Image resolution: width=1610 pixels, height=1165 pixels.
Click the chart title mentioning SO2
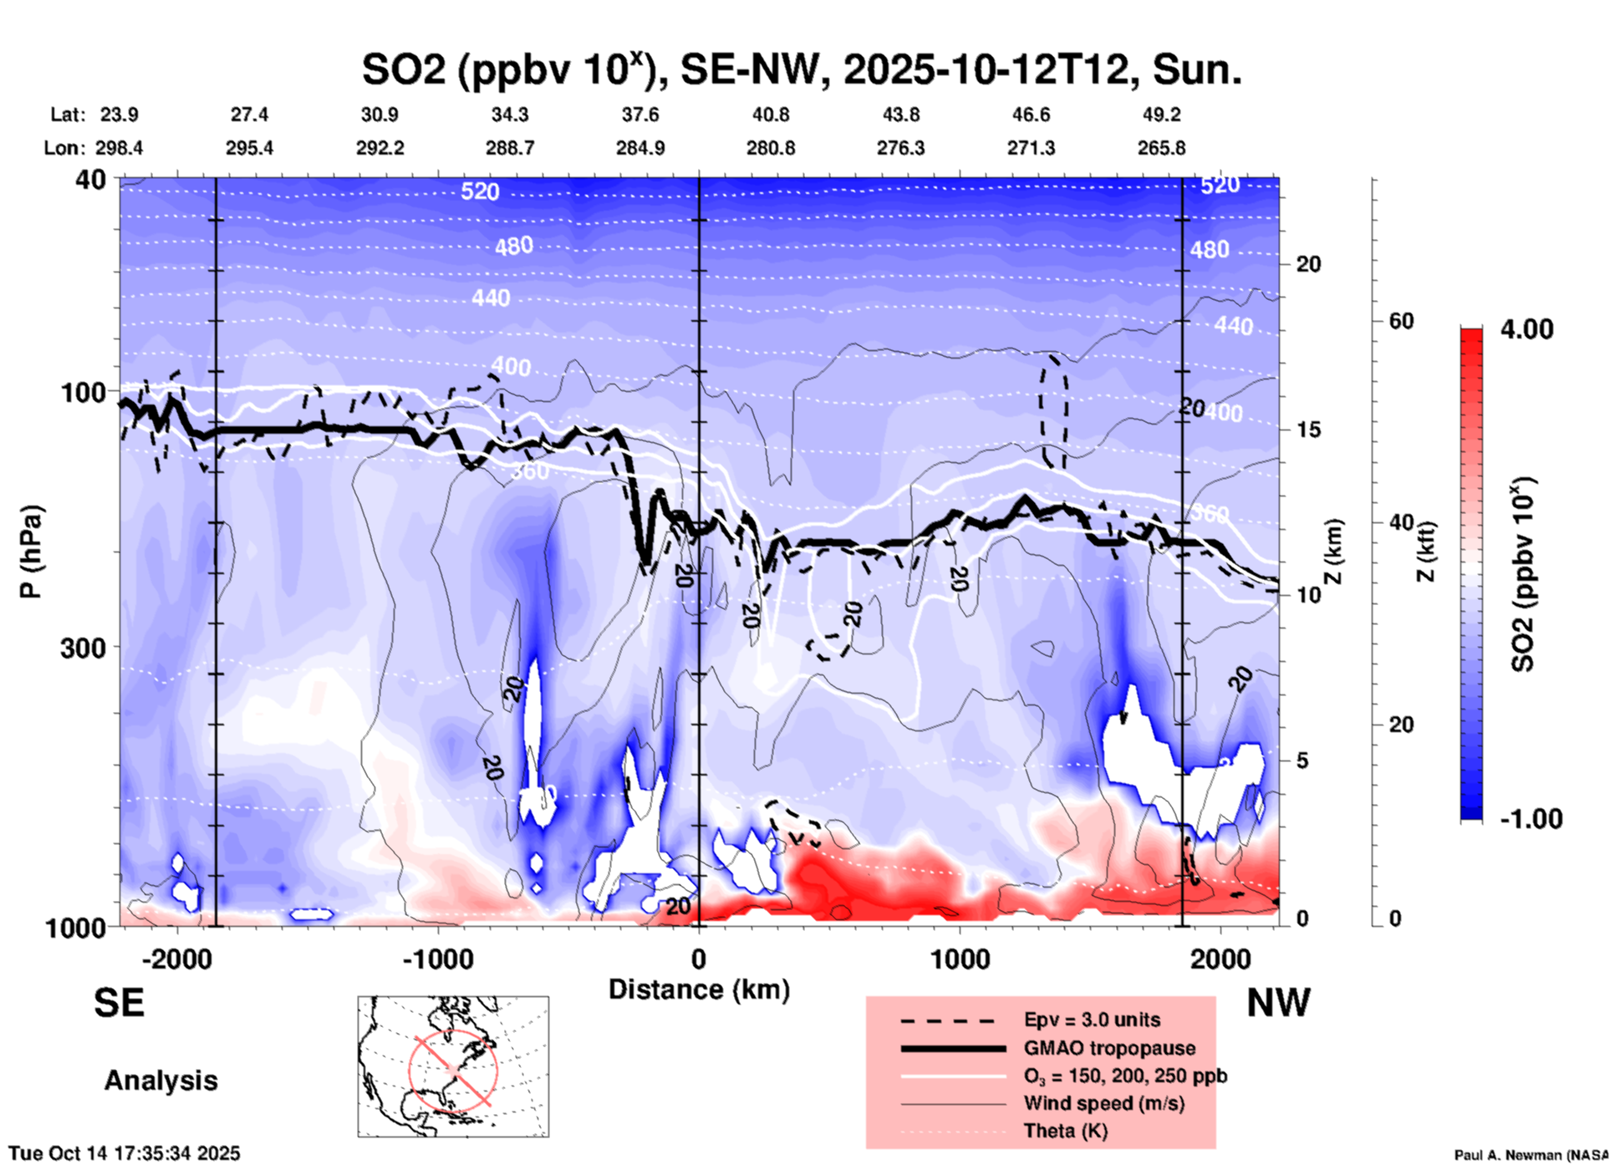pos(801,70)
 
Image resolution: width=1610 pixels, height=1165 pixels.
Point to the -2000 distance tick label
pos(176,959)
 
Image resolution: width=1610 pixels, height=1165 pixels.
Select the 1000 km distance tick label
pos(960,959)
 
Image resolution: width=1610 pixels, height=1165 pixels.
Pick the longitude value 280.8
pos(770,148)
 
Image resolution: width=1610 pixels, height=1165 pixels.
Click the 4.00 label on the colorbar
pos(1526,329)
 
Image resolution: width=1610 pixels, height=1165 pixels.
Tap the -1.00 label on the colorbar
pos(1531,818)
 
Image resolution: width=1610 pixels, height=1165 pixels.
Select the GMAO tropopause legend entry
pos(1109,1048)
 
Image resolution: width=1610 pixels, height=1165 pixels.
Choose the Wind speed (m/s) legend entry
pos(1103,1103)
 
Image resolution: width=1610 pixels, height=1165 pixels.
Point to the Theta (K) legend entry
pos(1065,1131)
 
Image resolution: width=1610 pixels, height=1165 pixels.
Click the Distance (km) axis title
pos(699,989)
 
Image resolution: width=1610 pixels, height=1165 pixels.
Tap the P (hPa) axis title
pos(31,552)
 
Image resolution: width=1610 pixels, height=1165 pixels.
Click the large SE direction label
pos(119,1003)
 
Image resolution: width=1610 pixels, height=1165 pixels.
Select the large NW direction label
pos(1278,1003)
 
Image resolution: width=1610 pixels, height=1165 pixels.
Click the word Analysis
pos(160,1081)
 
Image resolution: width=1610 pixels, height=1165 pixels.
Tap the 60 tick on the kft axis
pos(1401,321)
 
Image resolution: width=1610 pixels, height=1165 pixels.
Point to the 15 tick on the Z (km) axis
pos(1308,430)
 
